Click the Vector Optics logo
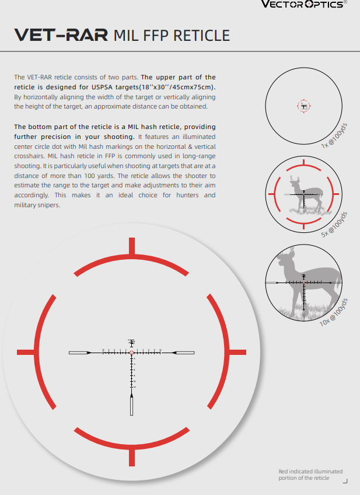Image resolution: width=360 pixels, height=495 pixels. click(312, 5)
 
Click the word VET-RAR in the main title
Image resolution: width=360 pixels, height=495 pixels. click(61, 35)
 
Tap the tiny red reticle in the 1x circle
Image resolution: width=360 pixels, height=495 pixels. click(304, 106)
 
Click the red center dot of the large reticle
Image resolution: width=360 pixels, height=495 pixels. click(131, 353)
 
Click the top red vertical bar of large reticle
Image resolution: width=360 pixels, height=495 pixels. click(131, 246)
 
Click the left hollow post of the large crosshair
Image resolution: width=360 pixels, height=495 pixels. click(79, 353)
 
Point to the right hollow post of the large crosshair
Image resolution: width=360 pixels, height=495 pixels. click(184, 353)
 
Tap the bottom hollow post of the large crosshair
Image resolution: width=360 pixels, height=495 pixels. click(131, 404)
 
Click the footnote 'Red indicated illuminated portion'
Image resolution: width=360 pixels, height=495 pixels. click(310, 474)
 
